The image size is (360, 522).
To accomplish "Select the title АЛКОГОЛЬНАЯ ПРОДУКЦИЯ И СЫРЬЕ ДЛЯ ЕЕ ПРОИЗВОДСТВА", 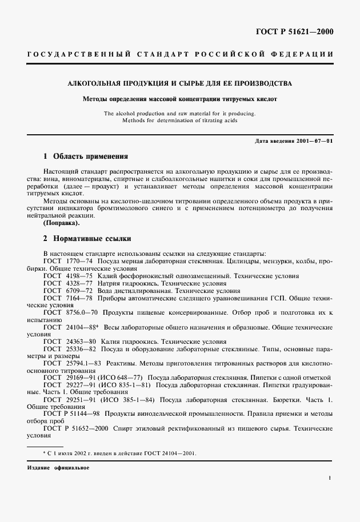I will (x=180, y=83).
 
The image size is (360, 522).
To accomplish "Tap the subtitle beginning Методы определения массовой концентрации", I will (x=180, y=99).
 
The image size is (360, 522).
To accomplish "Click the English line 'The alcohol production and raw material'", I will (x=180, y=113).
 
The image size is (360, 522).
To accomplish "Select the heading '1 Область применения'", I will (x=86, y=156).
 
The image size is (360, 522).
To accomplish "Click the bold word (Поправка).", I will (x=62, y=223).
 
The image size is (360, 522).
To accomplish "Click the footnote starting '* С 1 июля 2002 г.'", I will (x=119, y=453).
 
